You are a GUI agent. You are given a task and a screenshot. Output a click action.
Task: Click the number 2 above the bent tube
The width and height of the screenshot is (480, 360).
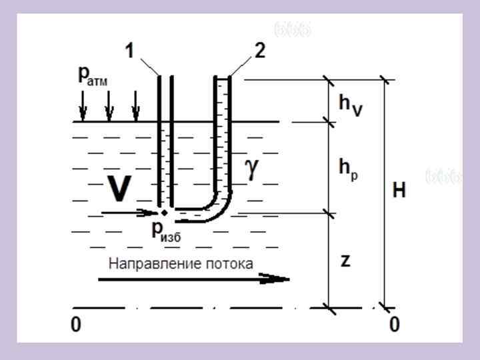[259, 51]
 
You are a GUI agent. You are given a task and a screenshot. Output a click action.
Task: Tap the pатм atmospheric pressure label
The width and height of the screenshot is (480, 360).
[93, 76]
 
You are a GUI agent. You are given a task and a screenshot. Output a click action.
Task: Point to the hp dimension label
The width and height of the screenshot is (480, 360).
[349, 167]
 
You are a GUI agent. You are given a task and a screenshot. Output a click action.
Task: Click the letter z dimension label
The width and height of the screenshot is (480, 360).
[345, 261]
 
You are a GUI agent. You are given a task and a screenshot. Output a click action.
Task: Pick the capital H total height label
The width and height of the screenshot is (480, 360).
[399, 191]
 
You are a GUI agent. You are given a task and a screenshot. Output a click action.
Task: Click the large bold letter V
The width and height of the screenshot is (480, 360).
[119, 189]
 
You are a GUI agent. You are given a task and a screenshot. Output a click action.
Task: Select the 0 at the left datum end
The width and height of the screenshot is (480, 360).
[76, 325]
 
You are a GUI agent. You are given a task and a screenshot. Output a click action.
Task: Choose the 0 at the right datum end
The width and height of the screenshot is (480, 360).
[394, 325]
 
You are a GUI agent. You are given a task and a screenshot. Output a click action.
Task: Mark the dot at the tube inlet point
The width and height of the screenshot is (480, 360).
[164, 213]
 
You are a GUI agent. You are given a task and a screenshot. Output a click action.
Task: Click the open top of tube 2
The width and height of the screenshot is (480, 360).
[222, 78]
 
